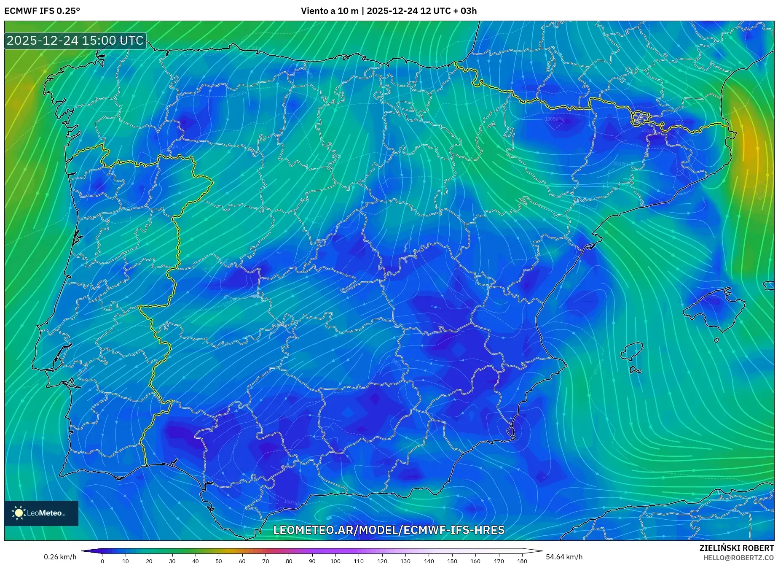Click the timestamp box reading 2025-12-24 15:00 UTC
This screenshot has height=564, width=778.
[75, 40]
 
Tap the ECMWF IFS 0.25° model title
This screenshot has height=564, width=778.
[42, 11]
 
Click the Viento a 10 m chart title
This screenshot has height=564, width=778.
[389, 11]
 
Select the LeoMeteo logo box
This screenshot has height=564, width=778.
[41, 513]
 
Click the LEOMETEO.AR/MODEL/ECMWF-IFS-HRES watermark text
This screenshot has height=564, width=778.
[389, 530]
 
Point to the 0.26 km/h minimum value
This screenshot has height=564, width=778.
[60, 557]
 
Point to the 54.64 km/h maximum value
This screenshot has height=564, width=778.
[564, 557]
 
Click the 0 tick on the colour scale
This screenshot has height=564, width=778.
[102, 561]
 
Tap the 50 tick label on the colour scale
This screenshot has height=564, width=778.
[219, 561]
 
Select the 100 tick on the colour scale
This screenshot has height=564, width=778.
[335, 561]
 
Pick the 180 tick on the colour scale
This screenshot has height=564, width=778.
[522, 561]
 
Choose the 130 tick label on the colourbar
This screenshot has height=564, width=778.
[405, 561]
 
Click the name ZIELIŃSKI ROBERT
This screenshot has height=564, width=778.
[736, 548]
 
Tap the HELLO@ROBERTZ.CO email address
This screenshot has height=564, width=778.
[738, 558]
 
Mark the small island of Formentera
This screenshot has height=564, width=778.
[635, 370]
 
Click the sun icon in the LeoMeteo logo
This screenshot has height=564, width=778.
[19, 513]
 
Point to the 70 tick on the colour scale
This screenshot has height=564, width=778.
[266, 561]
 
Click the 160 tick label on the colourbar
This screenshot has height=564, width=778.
[475, 561]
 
